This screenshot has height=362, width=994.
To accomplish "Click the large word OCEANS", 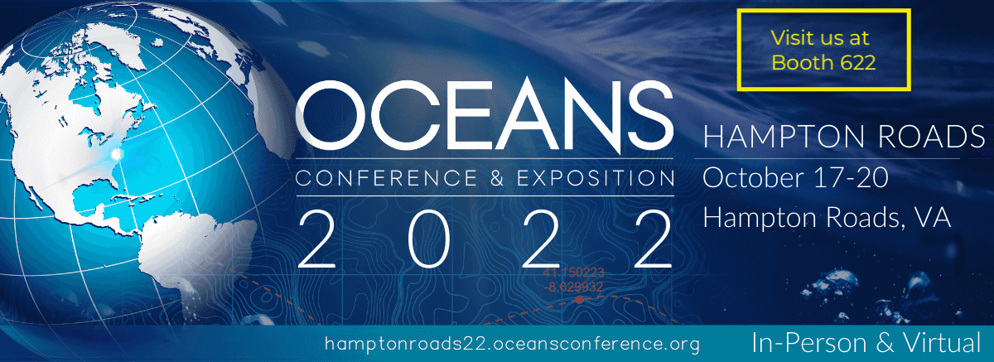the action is [485, 115].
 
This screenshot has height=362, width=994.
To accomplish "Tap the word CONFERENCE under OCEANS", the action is [386, 178].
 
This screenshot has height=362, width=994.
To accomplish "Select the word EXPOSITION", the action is [595, 178].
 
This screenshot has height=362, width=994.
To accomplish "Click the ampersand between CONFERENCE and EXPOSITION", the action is [497, 178].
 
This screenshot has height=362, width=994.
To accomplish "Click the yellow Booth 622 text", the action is [823, 63].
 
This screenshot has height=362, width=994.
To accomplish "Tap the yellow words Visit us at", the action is [819, 38].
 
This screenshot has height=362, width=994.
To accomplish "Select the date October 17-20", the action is [795, 177].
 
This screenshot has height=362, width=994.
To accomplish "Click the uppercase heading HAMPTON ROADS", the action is [844, 136].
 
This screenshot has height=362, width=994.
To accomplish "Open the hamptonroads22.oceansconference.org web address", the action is [512, 344].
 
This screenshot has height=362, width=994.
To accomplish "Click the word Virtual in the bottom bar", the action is [941, 343].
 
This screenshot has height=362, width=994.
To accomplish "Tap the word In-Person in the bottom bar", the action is [809, 343].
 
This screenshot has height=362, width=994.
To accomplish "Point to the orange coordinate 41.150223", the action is [573, 273].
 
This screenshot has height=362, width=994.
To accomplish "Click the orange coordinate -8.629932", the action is [574, 287].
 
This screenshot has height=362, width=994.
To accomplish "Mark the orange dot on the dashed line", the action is [579, 301].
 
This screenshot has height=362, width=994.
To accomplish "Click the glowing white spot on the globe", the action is [117, 154].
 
